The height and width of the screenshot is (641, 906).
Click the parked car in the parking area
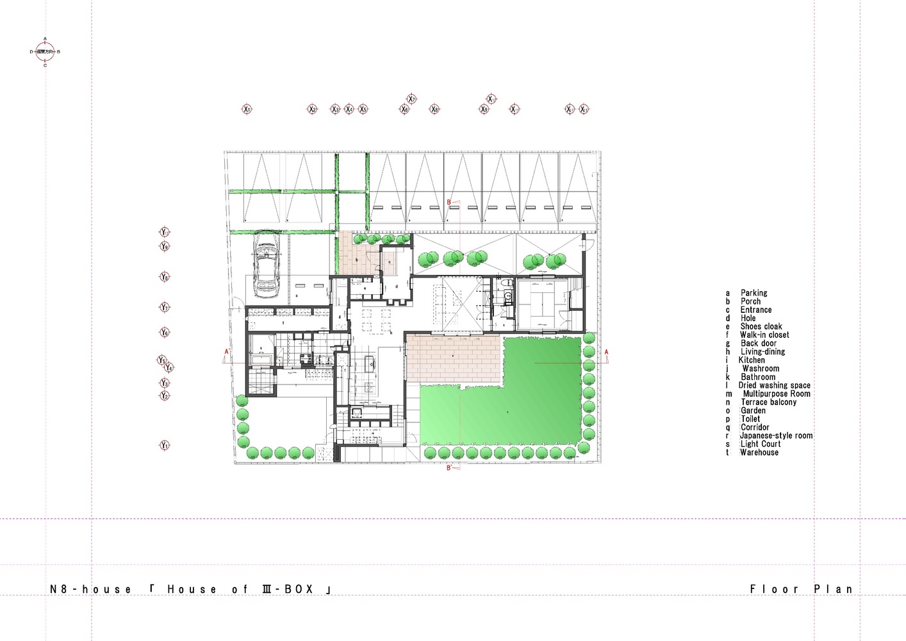coord(267,265)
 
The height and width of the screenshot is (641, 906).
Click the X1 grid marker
coord(247,109)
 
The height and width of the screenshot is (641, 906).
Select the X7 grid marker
coord(411,99)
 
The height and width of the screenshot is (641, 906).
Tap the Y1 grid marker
coord(165,445)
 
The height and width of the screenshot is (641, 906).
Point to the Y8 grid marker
coord(165,277)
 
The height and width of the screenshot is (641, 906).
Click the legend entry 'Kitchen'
coord(751,360)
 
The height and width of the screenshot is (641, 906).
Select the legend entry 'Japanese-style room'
coord(775,436)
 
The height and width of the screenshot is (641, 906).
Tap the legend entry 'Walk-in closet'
coord(764,335)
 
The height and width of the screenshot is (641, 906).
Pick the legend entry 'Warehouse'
coord(759,453)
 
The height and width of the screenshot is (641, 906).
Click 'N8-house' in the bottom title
coord(90,589)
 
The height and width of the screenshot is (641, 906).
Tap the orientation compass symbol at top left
coord(45,51)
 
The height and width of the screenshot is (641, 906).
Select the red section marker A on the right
coord(606,352)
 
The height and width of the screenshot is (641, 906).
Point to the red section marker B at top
coord(449,203)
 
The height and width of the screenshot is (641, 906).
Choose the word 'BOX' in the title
coord(299,589)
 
